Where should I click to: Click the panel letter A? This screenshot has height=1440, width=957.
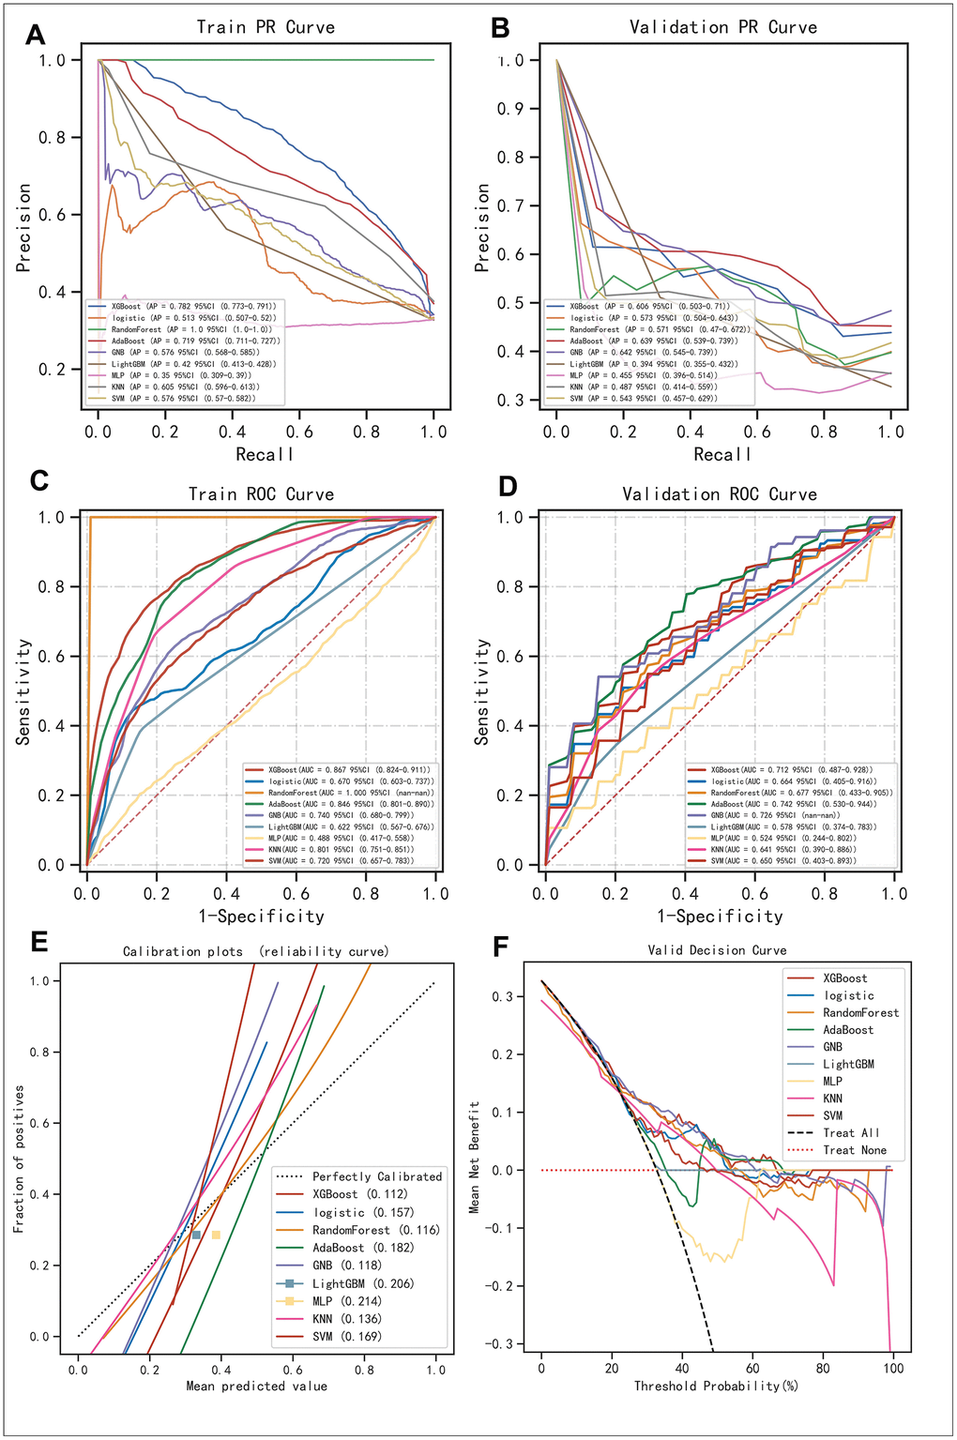pos(36,36)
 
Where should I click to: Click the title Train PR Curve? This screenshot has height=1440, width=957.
pos(266,27)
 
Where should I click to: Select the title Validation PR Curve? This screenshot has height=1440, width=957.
pos(722,27)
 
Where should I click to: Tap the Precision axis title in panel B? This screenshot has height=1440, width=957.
pos(482,228)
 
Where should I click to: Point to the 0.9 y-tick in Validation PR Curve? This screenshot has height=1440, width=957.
pos(511,109)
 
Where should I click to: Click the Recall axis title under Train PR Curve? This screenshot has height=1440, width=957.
pos(265,454)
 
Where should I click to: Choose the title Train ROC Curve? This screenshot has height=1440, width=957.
pos(261,493)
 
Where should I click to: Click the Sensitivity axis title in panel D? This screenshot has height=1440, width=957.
pos(482,691)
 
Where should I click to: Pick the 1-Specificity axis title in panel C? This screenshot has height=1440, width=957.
pos(261,916)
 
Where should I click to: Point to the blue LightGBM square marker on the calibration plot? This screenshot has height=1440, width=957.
pos(196,1235)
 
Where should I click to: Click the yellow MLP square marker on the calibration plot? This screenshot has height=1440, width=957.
pos(216,1235)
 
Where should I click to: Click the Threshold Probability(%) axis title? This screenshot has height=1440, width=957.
pos(716,1386)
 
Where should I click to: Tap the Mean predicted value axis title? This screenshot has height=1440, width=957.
pos(256,1386)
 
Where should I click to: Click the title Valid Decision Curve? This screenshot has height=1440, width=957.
pos(717,950)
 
